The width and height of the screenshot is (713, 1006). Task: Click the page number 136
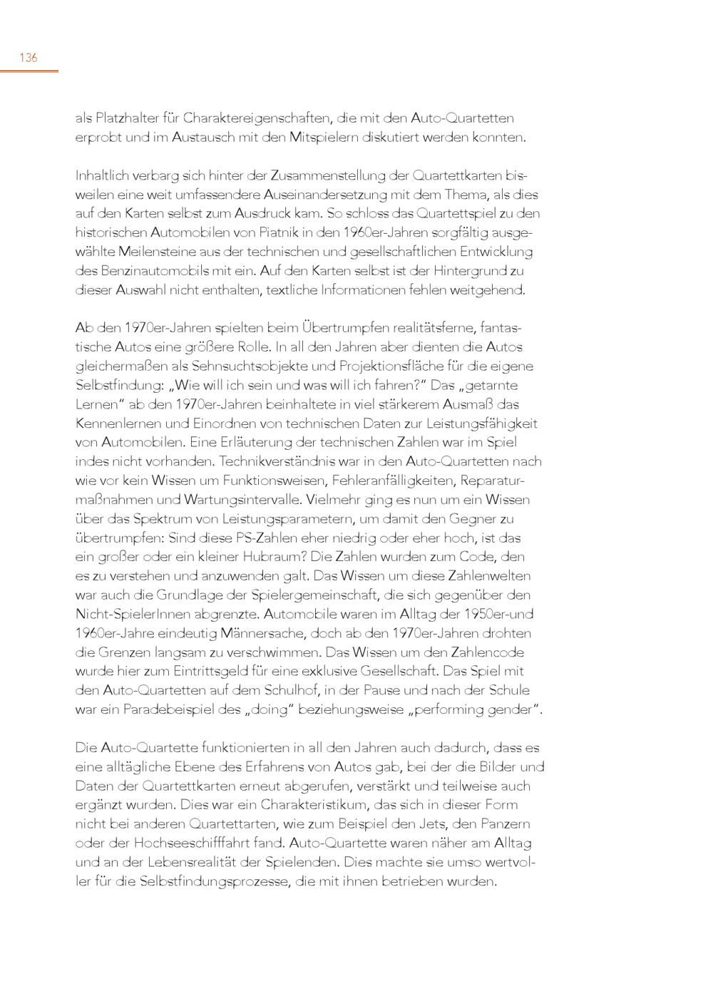coord(28,58)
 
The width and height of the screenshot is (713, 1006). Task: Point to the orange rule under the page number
coord(29,71)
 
